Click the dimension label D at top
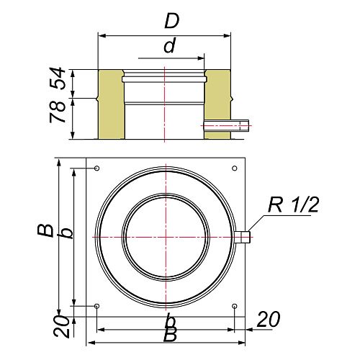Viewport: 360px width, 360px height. point(172,21)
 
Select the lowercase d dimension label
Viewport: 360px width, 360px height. point(170,45)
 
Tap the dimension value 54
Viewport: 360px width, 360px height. point(58,78)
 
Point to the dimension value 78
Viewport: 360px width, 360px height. point(58,112)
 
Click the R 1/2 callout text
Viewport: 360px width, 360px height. point(293,204)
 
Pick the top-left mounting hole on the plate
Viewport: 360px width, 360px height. point(97,168)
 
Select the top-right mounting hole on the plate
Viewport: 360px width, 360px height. point(235,168)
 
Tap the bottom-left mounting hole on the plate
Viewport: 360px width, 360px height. point(97,306)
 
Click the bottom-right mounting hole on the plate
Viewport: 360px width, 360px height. point(235,306)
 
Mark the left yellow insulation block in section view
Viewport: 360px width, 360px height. point(111,104)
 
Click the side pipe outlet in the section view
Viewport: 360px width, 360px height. point(226,125)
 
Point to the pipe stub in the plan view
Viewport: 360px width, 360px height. point(243,237)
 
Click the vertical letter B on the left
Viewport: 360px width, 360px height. point(45,230)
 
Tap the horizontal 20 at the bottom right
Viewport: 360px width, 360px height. point(269,319)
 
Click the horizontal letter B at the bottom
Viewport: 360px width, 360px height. point(170,334)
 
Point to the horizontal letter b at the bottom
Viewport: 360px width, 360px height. point(171,320)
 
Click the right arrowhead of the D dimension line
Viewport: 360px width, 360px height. point(227,36)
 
